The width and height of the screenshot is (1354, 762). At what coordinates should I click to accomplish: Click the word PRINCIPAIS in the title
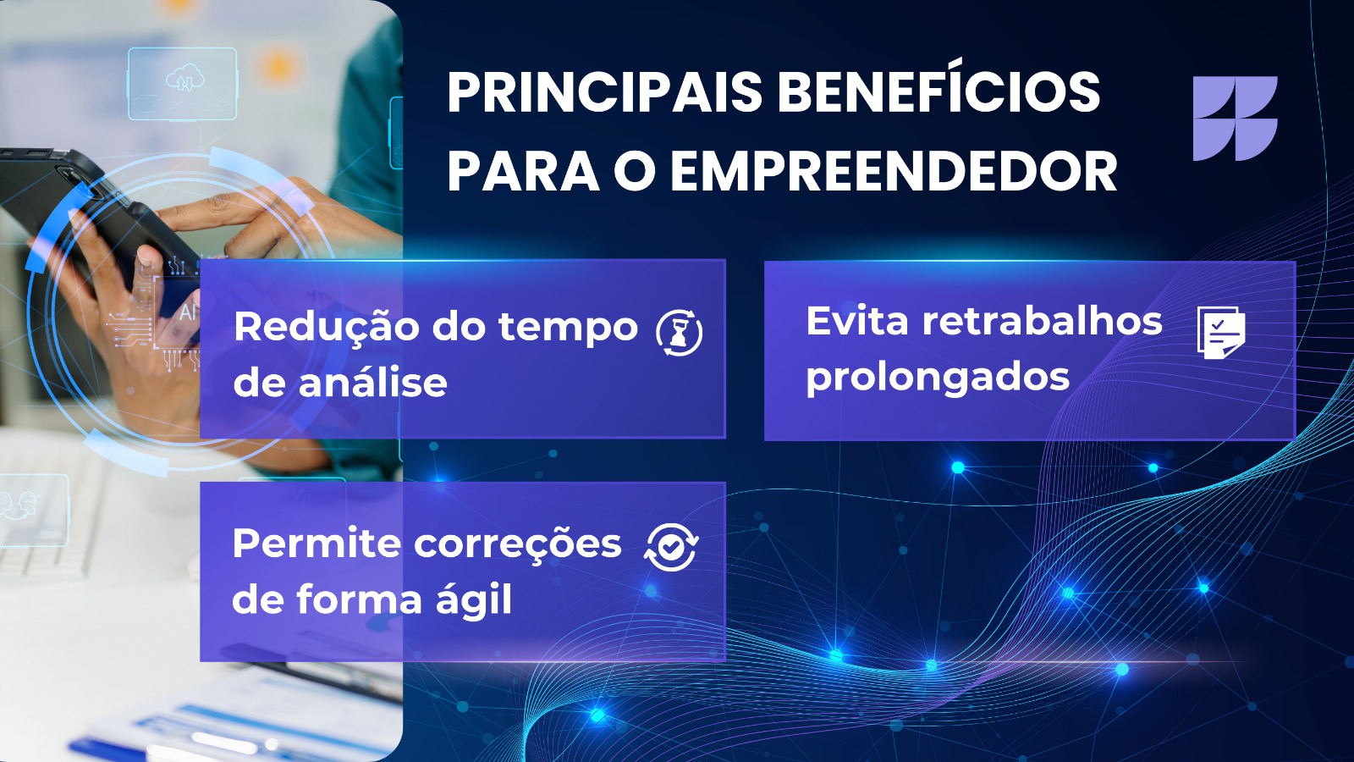click(x=604, y=92)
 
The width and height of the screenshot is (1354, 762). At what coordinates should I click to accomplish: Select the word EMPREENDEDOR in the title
click(x=894, y=172)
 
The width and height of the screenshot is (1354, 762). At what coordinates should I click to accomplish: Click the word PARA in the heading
click(x=523, y=172)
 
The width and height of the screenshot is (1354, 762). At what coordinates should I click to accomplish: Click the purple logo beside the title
click(x=1235, y=119)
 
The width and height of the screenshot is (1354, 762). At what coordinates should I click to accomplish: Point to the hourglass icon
click(x=680, y=333)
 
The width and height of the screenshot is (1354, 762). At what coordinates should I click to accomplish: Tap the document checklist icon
click(x=1221, y=333)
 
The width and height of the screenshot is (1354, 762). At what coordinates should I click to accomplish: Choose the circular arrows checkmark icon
click(x=672, y=547)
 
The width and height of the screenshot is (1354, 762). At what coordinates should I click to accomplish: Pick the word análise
click(x=373, y=382)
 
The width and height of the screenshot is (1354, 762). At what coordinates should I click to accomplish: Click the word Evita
click(x=857, y=321)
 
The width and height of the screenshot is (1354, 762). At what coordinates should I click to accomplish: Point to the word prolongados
click(x=938, y=378)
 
